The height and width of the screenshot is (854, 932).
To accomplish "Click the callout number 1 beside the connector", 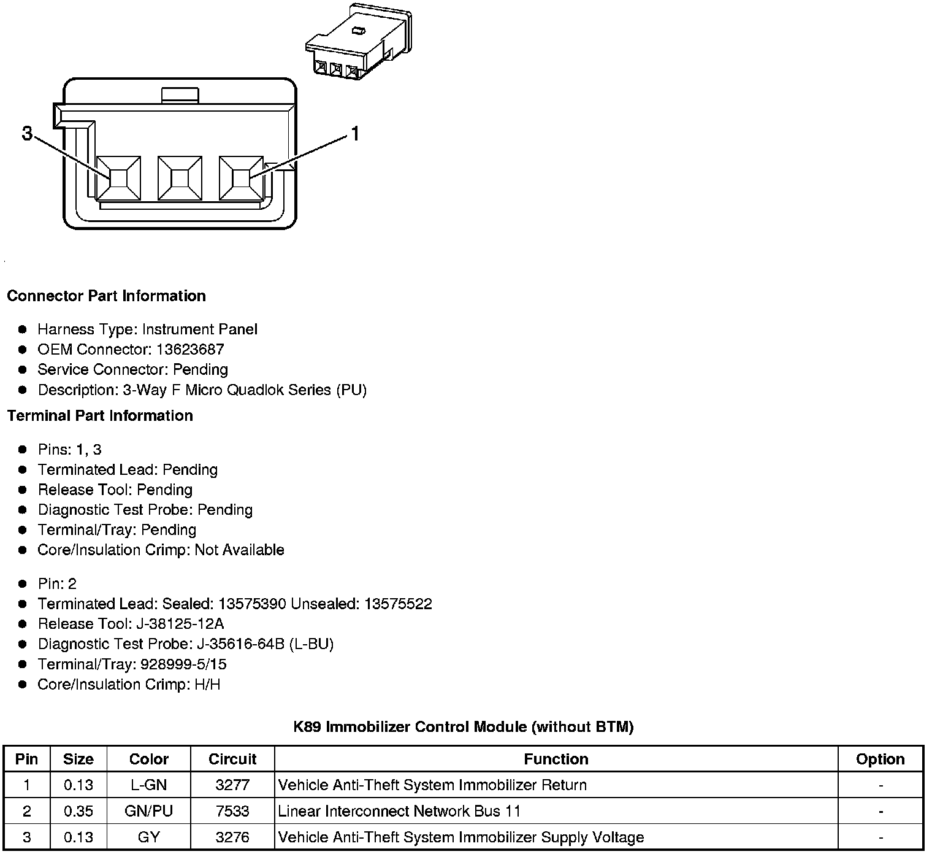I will pos(354,133).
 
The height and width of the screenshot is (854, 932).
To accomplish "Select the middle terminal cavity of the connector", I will pos(180,178).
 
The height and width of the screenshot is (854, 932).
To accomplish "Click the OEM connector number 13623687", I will pos(190,350).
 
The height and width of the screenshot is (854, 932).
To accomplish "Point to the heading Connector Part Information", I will pos(106,296).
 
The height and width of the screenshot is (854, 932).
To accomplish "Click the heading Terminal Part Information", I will pos(100,416).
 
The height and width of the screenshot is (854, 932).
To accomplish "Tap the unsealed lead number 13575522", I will pos(398,604).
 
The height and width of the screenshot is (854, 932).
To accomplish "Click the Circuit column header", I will pos(232,760).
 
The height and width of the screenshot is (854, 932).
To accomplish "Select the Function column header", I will pos(556,760).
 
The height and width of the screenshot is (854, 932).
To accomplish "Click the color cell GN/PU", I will pos(148,812).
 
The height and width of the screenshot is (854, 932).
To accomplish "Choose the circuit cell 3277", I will pos(232,785).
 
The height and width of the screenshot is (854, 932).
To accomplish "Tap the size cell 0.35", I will pos(78,812).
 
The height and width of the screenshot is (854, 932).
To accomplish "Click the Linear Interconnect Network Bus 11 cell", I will pos(399,812).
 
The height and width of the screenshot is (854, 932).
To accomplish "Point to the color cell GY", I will pos(148,838).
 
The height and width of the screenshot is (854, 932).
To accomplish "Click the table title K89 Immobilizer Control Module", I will pos(463,728).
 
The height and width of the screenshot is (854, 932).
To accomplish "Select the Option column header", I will pos(880,760).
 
